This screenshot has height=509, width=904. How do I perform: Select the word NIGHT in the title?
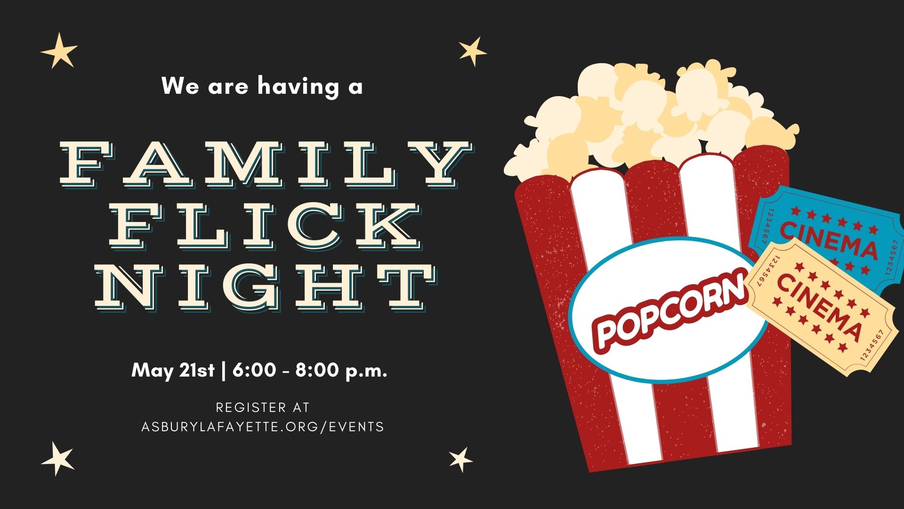point(265,286)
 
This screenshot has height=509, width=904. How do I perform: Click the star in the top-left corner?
point(59,50)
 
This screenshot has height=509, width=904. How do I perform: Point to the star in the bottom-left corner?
point(58,459)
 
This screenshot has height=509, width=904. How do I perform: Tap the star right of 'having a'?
point(472,51)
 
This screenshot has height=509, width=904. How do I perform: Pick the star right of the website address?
point(461,460)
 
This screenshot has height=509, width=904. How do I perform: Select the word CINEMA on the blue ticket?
point(829,241)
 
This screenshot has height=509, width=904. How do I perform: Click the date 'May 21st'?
point(173,370)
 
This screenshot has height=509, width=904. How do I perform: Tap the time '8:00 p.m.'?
point(341,370)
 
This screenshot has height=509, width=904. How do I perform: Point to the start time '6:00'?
point(254,370)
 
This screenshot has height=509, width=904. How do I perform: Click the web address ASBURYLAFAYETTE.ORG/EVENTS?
point(263,427)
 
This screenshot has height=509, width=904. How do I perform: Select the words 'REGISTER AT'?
point(263,407)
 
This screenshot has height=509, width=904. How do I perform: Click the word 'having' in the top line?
point(298,86)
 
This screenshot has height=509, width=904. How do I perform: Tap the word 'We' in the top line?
point(180,86)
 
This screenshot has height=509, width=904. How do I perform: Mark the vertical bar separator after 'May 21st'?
point(223,370)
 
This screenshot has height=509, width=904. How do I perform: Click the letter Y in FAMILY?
point(441,163)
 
